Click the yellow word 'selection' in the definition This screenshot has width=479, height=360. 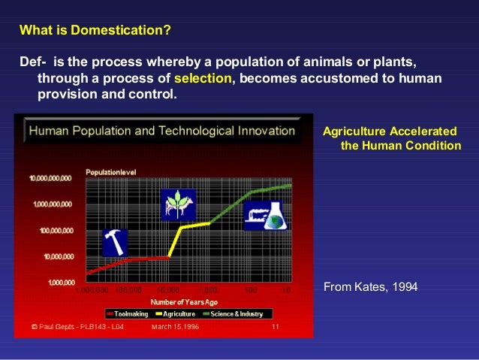point(203,80)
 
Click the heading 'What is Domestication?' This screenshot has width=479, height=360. point(95,32)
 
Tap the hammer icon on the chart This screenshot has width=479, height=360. point(115,242)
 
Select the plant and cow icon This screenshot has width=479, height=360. point(178,204)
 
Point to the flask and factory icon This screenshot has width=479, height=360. point(265,214)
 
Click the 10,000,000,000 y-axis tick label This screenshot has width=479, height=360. point(50,179)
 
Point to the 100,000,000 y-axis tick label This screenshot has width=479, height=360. point(53,230)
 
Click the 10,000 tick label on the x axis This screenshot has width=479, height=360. point(168,289)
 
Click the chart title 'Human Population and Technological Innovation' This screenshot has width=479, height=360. point(162,131)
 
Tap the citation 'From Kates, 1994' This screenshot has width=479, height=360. point(370,286)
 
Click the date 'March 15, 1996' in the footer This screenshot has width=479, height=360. point(176,327)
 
